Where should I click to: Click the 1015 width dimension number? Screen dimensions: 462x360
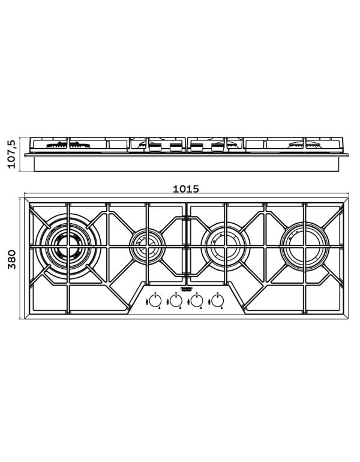pyautogui.click(x=185, y=188)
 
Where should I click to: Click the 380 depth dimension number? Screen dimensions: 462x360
pyautogui.click(x=11, y=258)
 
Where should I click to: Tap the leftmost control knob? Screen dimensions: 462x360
pyautogui.click(x=155, y=301)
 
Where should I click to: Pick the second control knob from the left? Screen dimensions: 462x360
pyautogui.click(x=176, y=301)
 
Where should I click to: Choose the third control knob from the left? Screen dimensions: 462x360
pyautogui.click(x=197, y=301)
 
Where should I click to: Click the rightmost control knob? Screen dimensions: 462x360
pyautogui.click(x=217, y=301)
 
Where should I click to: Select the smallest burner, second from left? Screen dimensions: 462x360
pyautogui.click(x=146, y=244)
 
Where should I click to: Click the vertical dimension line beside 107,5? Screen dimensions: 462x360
pyautogui.click(x=20, y=155)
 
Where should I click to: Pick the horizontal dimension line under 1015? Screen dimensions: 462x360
pyautogui.click(x=186, y=195)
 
